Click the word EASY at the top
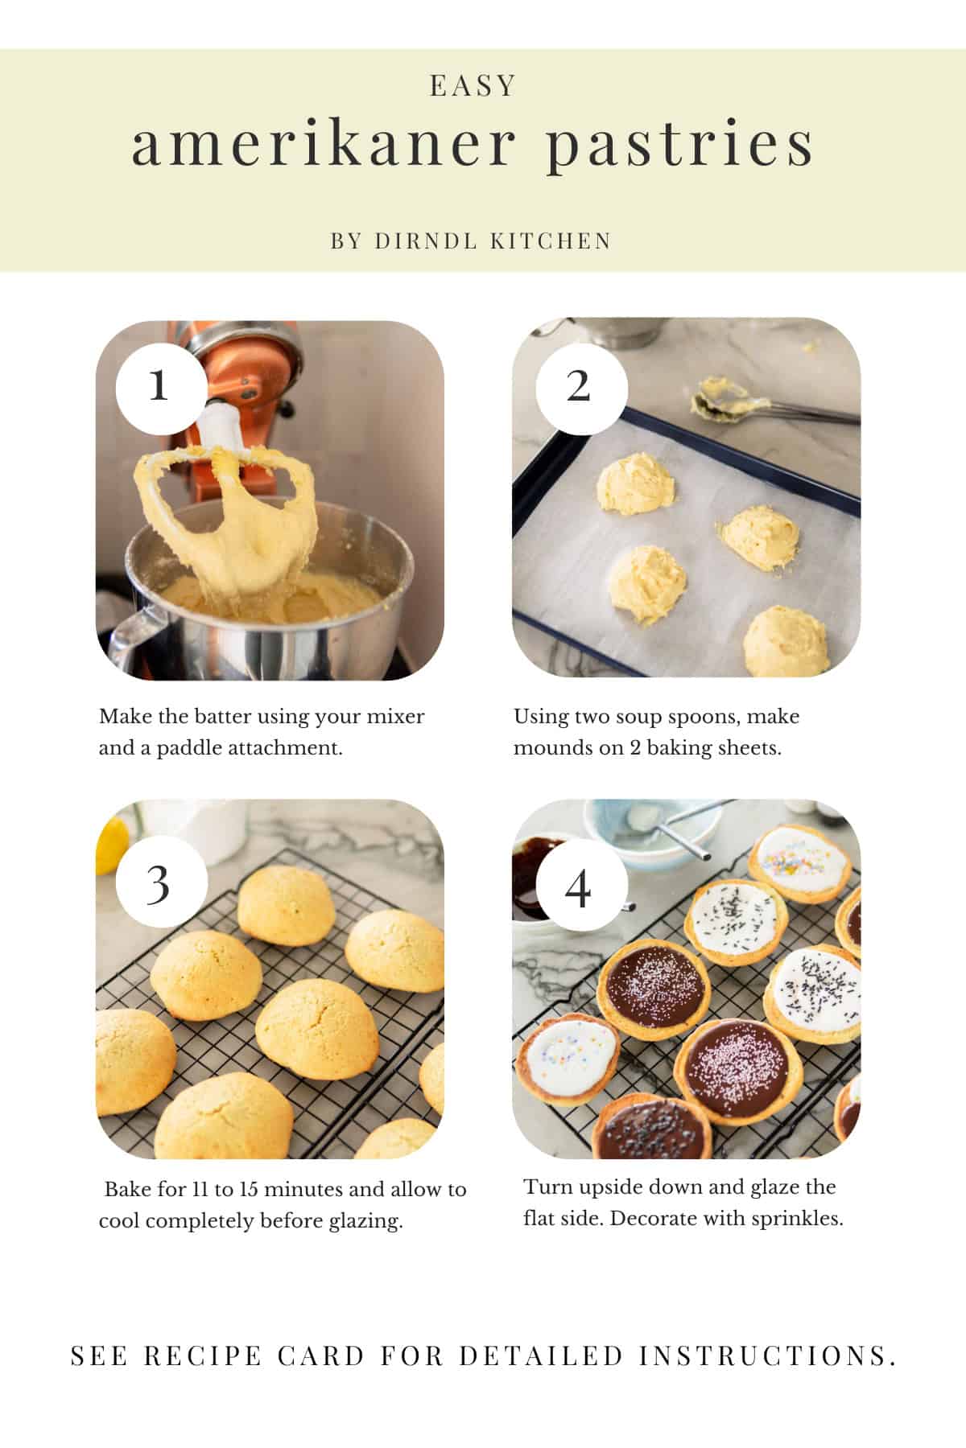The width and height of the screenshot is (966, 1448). coord(473,86)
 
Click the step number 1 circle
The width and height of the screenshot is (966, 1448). coord(159,387)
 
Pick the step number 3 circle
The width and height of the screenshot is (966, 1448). coord(159,885)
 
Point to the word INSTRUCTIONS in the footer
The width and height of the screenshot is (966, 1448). coord(768,1356)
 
